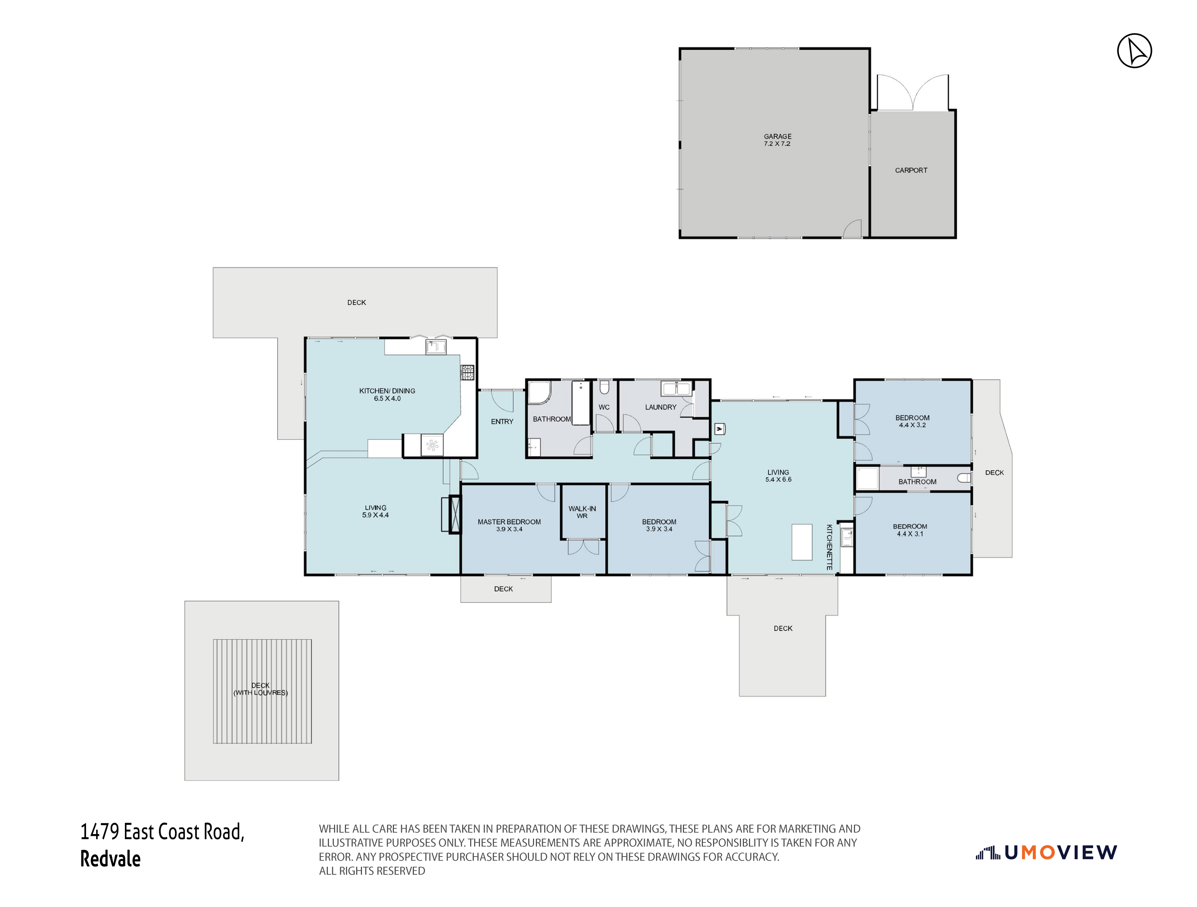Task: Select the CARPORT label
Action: [911, 171]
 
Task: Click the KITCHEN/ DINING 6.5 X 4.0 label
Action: [387, 394]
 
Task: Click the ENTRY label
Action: [502, 421]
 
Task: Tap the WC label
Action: [604, 407]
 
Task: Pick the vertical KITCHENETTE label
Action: [828, 547]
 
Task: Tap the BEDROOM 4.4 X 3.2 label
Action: [912, 421]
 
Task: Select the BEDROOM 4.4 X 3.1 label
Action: [910, 530]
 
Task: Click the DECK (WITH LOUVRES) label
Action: [260, 689]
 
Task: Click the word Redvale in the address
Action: [110, 859]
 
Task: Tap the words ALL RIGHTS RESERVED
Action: [372, 871]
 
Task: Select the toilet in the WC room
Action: [604, 388]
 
